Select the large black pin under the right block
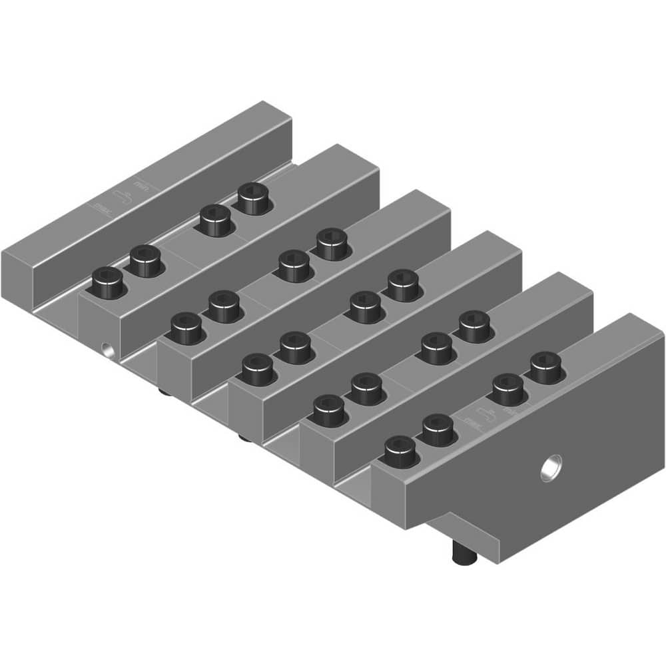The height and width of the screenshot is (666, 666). pyautogui.click(x=460, y=553)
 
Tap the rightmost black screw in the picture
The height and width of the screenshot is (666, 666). pyautogui.click(x=546, y=366)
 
